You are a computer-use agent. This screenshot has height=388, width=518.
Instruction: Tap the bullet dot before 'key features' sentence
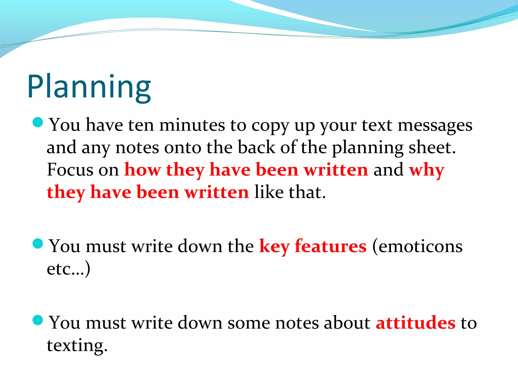click(x=38, y=244)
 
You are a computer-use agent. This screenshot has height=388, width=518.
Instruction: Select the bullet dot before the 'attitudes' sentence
click(x=38, y=320)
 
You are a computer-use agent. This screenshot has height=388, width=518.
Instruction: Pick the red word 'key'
click(x=274, y=246)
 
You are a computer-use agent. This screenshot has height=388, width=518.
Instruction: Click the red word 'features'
click(x=330, y=246)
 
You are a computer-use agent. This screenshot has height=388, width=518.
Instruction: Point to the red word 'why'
click(x=426, y=170)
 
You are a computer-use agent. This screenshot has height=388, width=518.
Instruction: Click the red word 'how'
click(x=142, y=169)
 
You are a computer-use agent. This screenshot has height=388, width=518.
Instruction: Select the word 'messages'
click(x=435, y=126)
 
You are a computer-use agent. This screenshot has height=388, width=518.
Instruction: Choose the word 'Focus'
click(x=70, y=169)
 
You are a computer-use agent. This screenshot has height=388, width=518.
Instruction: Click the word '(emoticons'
click(x=417, y=246)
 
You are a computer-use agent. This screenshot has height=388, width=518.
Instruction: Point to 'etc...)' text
click(x=68, y=269)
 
